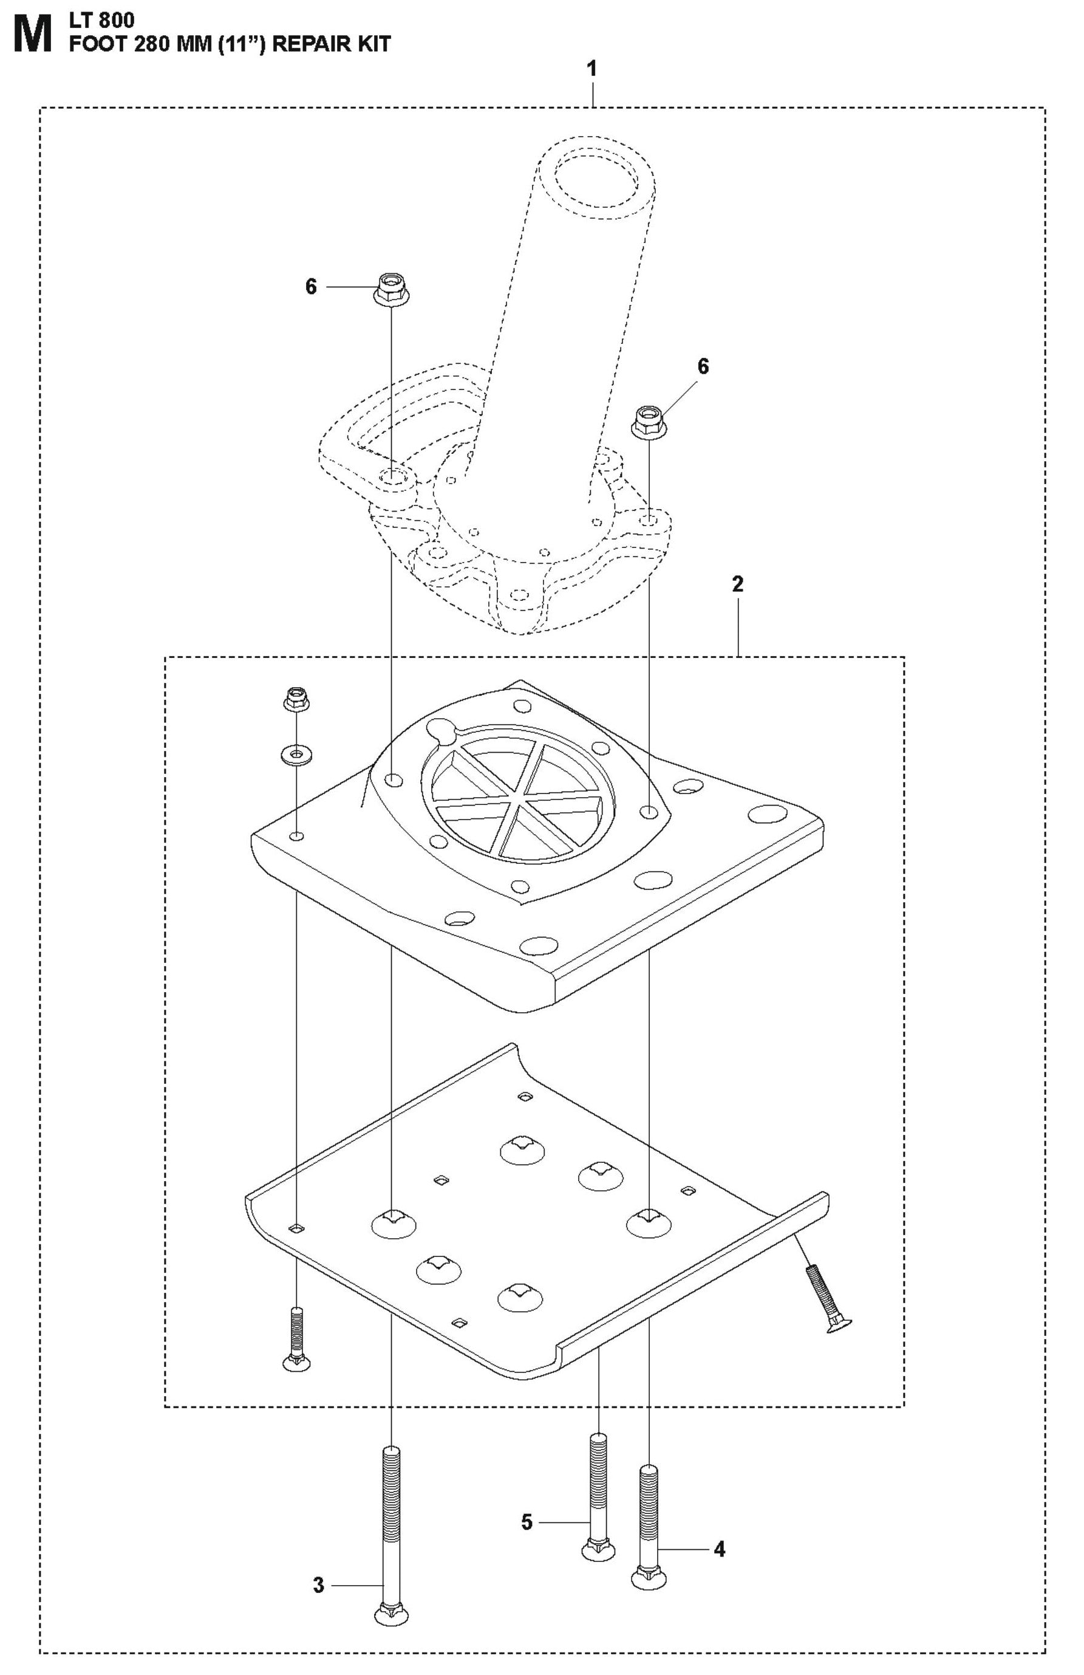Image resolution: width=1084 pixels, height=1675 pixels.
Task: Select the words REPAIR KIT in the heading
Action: [x=330, y=44]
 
